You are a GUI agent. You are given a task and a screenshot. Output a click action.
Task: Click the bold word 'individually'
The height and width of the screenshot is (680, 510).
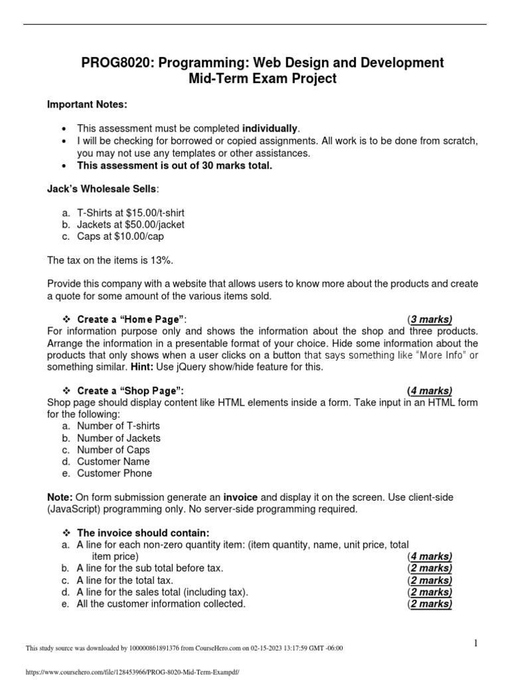click(270, 128)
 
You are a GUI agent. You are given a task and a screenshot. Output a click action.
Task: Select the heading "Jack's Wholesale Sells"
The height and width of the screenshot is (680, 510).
click(102, 189)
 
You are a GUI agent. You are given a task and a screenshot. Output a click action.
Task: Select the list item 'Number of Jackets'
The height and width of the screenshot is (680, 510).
click(118, 438)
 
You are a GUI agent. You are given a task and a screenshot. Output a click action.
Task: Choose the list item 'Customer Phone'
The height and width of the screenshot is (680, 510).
click(114, 473)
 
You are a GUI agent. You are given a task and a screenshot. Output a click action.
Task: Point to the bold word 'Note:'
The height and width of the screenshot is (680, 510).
click(60, 497)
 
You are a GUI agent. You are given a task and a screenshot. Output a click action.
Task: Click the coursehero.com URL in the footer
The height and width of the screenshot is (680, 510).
click(131, 671)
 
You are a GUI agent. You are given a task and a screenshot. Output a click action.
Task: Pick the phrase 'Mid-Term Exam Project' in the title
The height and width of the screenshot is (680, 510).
click(262, 79)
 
